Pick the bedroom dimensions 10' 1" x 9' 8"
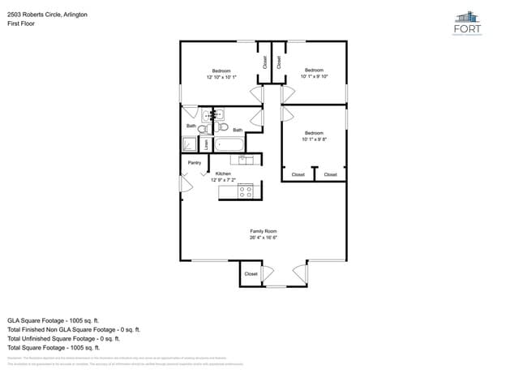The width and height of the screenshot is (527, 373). tap(314, 139)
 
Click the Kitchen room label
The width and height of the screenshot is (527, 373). tap(223, 174)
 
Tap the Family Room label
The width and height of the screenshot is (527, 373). tap(263, 231)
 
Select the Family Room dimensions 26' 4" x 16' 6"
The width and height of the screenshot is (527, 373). tap(263, 238)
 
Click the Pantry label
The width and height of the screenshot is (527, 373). tap(195, 163)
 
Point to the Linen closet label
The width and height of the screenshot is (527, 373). tap(206, 145)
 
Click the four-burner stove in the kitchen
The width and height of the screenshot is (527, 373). tap(246, 191)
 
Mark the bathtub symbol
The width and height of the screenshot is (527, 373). tap(229, 145)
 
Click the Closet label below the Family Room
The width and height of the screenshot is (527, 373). tap(251, 274)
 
